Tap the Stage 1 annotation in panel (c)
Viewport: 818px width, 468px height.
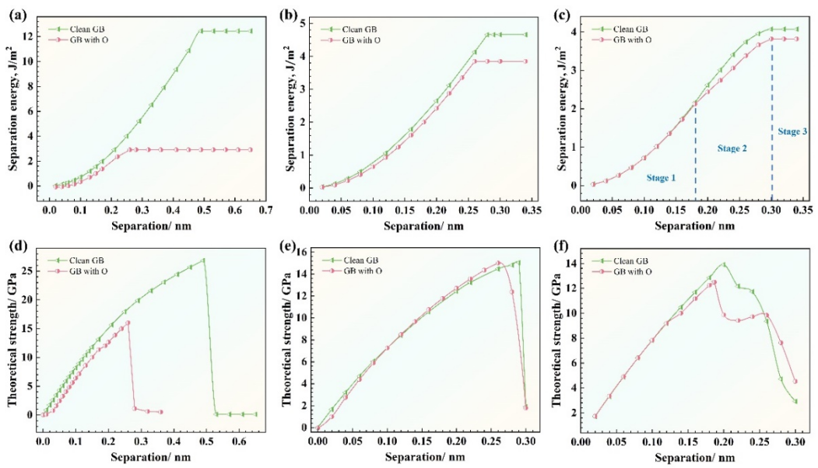click(x=661, y=178)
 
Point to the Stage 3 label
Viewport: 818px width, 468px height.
click(x=792, y=131)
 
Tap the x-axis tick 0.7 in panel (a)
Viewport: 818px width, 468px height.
click(x=265, y=210)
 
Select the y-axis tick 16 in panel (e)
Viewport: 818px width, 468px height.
click(x=301, y=253)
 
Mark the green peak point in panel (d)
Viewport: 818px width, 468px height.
click(x=204, y=260)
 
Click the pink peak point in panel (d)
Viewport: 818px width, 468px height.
click(x=128, y=323)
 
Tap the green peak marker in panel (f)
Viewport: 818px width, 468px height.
click(x=724, y=264)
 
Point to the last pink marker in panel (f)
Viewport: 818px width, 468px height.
click(x=795, y=381)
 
